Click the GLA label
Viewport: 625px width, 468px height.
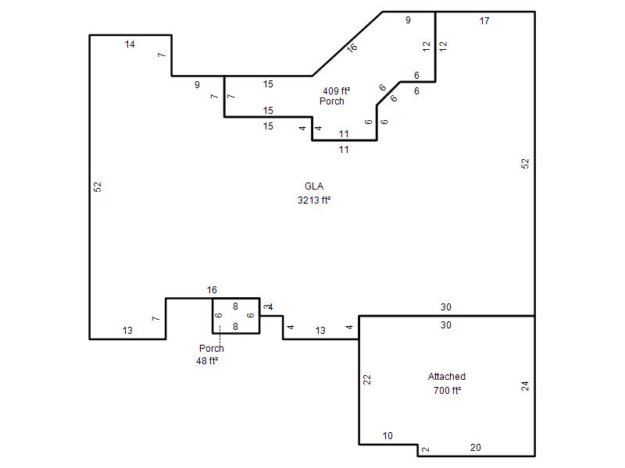(314, 186)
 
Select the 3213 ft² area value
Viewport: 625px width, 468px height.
(314, 200)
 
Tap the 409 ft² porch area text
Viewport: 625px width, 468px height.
(337, 91)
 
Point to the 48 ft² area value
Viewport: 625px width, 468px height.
(207, 361)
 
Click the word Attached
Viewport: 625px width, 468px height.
(447, 377)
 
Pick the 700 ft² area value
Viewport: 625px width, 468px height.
(447, 391)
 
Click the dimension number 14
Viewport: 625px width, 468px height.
(130, 44)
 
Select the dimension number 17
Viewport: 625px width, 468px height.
(484, 21)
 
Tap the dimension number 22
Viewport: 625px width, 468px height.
(367, 380)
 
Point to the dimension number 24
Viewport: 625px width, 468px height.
(525, 386)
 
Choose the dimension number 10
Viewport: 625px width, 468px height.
(387, 436)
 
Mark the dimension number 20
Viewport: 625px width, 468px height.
(476, 448)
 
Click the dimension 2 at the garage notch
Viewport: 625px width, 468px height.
(426, 449)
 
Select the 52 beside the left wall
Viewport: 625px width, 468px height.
(98, 187)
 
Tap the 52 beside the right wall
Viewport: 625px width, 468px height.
(525, 164)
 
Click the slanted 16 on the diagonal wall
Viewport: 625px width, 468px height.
(352, 48)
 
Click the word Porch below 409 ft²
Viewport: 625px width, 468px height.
(331, 101)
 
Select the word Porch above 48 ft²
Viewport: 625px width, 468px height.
(211, 349)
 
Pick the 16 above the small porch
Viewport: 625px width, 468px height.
(212, 290)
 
